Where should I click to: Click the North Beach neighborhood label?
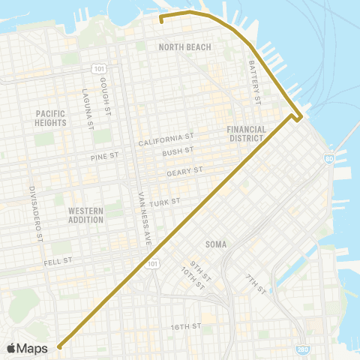184,47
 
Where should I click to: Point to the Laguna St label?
86,104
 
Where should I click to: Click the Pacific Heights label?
51,118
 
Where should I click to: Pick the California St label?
166,139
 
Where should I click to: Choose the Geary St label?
185,172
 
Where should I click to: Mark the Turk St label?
163,202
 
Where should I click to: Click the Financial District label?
247,133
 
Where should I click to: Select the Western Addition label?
85,215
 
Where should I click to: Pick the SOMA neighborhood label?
215,244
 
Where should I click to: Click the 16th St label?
184,326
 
